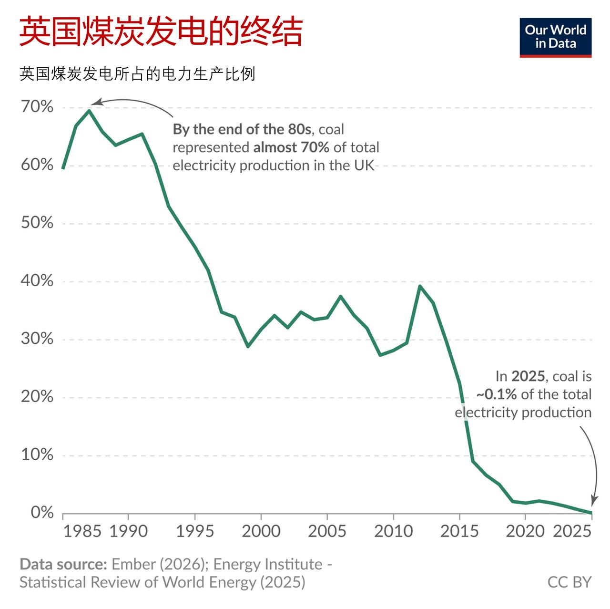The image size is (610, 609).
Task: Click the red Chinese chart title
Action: tap(161, 32)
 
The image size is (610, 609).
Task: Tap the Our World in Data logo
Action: tap(555, 38)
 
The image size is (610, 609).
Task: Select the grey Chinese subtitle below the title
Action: tap(137, 74)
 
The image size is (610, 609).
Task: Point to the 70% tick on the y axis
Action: tap(37, 107)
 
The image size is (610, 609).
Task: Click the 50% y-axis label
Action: tap(37, 223)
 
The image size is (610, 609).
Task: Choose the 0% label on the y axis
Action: tap(42, 513)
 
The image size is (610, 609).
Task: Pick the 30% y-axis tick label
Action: tap(37, 339)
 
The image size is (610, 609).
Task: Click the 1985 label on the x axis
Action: tap(82, 531)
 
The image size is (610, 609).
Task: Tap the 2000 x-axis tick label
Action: tap(261, 531)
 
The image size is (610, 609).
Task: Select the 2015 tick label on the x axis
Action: tap(459, 531)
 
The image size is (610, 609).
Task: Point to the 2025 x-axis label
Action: tap(572, 531)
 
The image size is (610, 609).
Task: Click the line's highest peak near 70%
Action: tap(89, 111)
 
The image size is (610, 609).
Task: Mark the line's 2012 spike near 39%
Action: tap(419, 286)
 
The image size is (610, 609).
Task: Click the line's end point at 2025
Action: tap(591, 513)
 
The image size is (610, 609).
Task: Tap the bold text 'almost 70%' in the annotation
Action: tap(291, 147)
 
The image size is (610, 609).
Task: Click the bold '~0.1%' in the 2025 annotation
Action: tap(497, 394)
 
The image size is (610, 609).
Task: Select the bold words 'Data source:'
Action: tap(63, 564)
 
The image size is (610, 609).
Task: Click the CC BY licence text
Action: tap(569, 582)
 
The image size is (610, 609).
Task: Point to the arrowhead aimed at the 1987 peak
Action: tap(95, 103)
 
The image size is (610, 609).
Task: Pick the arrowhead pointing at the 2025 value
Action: tap(593, 502)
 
